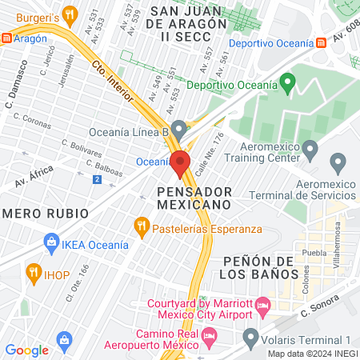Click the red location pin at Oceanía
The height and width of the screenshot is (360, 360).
coord(180,162)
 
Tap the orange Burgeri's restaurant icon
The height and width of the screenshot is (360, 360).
coord(70,14)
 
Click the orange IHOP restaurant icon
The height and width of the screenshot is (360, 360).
coord(33,272)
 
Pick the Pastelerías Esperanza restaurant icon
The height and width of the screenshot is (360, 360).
coord(142,226)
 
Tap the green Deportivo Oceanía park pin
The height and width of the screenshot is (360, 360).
coord(289,82)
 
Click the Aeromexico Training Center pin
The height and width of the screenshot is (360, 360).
coord(310,148)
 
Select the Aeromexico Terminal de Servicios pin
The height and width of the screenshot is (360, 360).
coord(338,164)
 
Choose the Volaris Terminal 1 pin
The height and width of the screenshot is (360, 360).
coord(251,335)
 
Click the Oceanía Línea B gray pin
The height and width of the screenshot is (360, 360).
coord(179,128)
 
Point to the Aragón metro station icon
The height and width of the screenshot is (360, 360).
coord(7,38)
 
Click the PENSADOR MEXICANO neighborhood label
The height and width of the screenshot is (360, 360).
coord(194,198)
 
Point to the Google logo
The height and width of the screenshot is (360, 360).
coord(26,350)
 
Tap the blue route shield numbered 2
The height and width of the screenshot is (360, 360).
coord(97,179)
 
